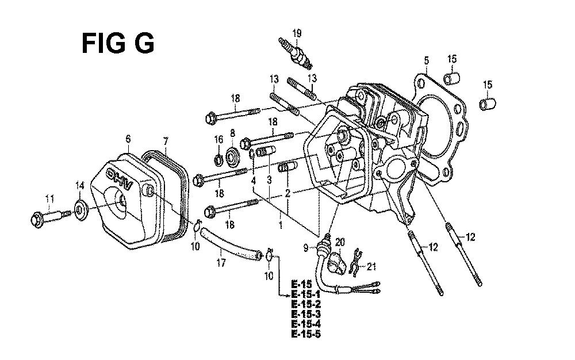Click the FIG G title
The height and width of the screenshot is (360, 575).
point(118,43)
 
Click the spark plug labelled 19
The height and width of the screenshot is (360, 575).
point(296,53)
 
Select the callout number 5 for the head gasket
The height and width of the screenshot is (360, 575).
point(427,60)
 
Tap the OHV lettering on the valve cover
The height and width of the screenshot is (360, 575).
point(118,179)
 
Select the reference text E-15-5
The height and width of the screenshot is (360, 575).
point(306,334)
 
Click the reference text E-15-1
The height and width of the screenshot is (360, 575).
point(306,294)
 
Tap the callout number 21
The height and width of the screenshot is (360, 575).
point(371,266)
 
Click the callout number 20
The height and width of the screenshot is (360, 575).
point(340,242)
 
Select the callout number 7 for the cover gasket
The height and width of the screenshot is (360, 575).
point(166,141)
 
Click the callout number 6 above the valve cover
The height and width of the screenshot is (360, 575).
point(128,139)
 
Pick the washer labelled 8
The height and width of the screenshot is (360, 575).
point(232,157)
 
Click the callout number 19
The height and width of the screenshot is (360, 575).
point(297,33)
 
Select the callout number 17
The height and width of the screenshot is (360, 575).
point(221,263)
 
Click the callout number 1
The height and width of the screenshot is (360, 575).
point(281,225)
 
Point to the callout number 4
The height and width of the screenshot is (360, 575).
point(254,181)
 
